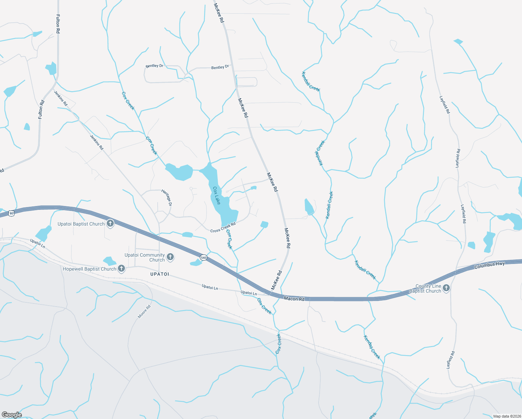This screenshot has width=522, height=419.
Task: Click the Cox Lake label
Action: point(217,196)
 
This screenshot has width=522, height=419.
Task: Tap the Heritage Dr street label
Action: point(167,198)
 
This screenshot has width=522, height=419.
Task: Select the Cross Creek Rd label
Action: point(223,227)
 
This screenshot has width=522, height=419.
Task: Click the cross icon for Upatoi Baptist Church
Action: point(110,223)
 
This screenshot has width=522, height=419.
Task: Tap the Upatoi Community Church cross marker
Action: point(170,257)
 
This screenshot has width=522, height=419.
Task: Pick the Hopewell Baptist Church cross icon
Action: point(121,269)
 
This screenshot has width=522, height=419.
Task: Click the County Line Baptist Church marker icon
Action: point(446,288)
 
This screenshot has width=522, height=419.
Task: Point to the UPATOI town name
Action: point(159,274)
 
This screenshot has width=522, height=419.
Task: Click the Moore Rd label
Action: point(144,312)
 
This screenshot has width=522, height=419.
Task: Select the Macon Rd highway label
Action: point(294,299)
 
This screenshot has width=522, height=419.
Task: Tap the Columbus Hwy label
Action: point(489,265)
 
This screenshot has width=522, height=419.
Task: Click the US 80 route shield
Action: point(12,213)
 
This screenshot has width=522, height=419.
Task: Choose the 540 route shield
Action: point(203,258)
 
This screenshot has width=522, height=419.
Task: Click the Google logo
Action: point(12,415)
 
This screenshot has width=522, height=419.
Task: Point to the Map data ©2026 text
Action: point(506,416)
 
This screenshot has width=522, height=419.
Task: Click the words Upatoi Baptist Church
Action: point(81,224)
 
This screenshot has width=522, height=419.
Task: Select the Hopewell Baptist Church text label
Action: point(89,269)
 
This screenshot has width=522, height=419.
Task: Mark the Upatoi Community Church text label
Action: point(144,257)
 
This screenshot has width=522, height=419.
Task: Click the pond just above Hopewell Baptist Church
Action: point(110,261)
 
